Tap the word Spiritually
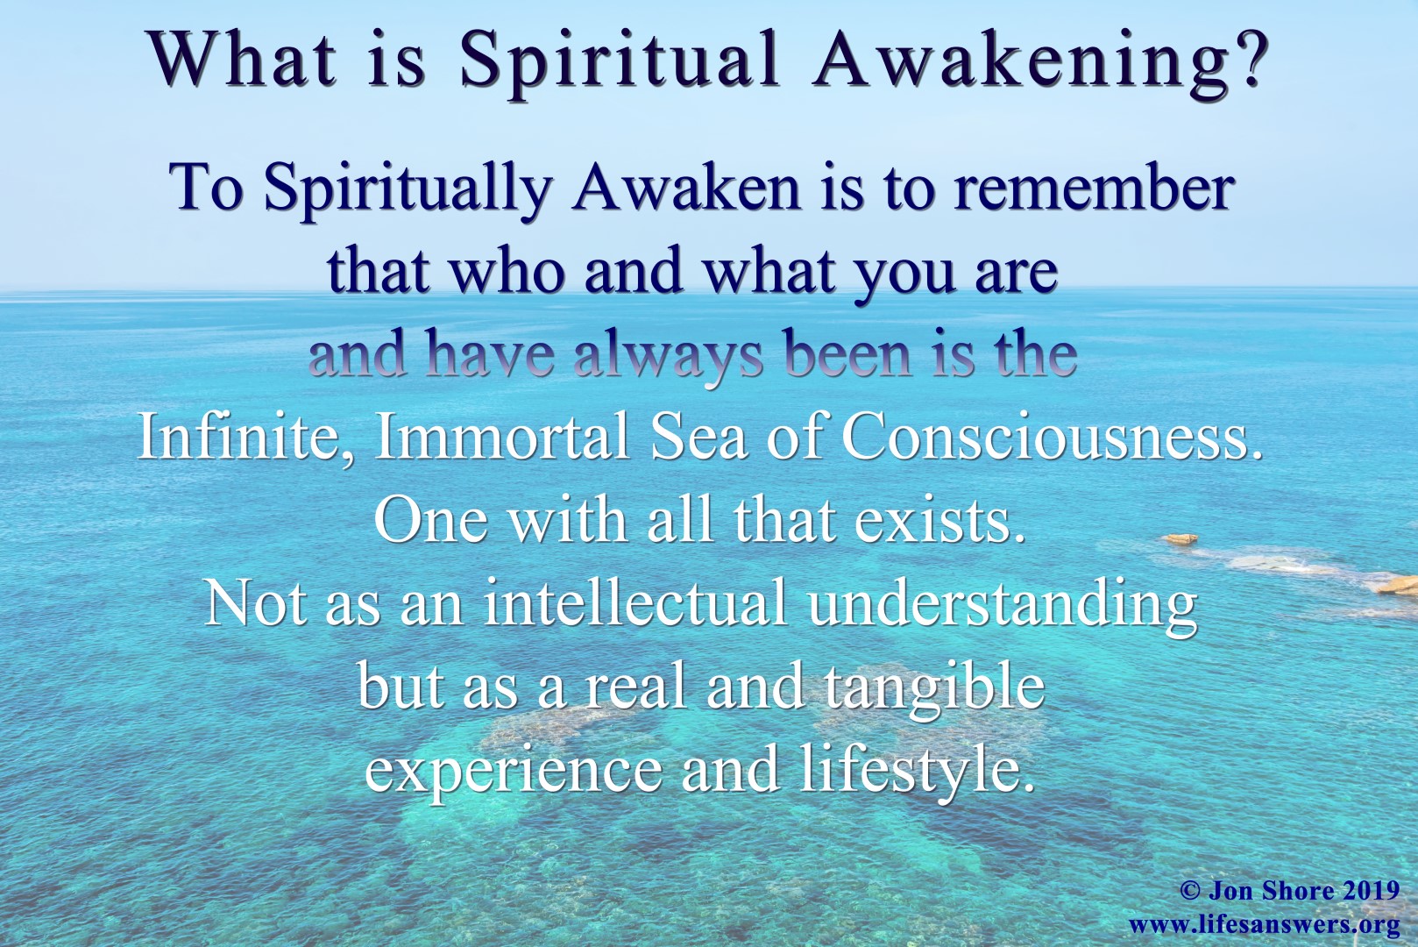point(407,189)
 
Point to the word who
point(507,270)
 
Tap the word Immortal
point(502,436)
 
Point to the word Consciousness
point(1052,436)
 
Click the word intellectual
point(635,602)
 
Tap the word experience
point(514,771)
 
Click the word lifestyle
point(911,771)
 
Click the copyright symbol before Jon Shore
point(1189,892)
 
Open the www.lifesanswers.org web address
point(1263,924)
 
